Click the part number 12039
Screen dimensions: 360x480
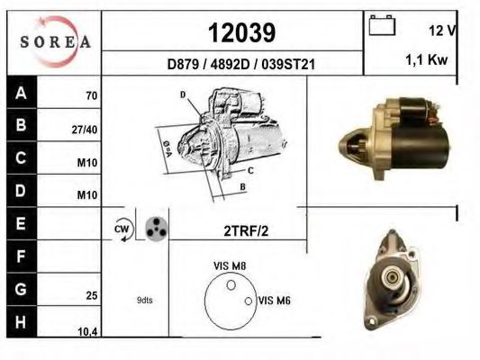click(x=241, y=33)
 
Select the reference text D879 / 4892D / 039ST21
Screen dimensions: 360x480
click(x=240, y=65)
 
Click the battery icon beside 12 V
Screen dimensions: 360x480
click(x=383, y=26)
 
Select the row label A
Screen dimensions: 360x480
click(x=21, y=93)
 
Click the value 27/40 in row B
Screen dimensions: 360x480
click(x=84, y=129)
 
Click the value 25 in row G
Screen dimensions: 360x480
click(x=91, y=293)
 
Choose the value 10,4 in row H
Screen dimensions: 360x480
click(x=86, y=332)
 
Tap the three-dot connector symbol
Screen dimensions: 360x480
click(x=155, y=228)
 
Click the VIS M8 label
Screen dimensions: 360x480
click(x=230, y=265)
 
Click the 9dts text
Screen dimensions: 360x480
click(x=143, y=301)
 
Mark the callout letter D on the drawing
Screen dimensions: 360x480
click(x=182, y=94)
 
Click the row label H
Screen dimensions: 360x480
click(x=21, y=322)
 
